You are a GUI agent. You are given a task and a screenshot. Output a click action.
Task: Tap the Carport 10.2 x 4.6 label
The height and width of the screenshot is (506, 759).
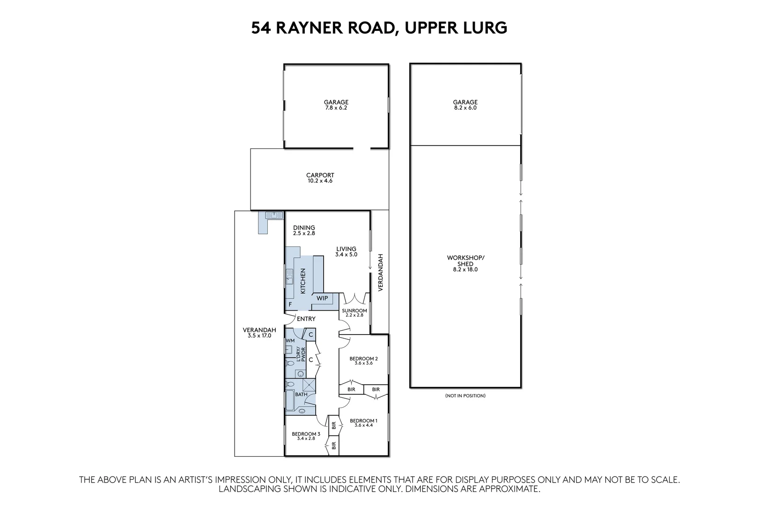[320, 178]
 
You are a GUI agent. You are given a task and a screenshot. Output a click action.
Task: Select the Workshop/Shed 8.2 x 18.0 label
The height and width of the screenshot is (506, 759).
[465, 264]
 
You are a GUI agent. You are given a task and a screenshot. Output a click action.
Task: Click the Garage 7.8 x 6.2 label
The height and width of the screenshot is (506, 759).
[336, 105]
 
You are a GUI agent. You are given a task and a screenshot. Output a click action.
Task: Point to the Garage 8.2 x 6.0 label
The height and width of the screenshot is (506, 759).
[465, 105]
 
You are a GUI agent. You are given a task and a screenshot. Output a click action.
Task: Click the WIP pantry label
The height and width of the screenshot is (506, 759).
[322, 298]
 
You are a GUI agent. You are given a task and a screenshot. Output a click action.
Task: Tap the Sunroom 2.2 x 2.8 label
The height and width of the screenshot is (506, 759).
[354, 313]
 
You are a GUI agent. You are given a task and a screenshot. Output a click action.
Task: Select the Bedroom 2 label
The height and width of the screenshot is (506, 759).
[363, 360]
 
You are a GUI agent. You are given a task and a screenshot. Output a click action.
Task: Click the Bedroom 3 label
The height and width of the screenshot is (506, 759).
[306, 436]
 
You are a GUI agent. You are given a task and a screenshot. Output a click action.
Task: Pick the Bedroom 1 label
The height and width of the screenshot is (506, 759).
[363, 423]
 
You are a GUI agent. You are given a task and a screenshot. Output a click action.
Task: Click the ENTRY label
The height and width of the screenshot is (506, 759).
[306, 319]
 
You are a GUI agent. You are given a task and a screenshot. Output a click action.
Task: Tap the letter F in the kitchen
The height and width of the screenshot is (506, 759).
[290, 305]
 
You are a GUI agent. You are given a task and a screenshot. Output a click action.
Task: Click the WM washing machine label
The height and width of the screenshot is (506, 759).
[290, 341]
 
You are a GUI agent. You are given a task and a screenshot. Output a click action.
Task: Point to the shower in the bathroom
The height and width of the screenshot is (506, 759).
[309, 385]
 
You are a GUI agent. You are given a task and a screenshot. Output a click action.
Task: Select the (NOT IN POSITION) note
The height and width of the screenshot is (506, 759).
[465, 396]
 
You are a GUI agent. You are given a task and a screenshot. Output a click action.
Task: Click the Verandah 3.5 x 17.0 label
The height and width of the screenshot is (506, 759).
[259, 333]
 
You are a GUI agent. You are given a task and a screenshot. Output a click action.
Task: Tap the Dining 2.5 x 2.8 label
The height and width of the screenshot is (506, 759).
[304, 230]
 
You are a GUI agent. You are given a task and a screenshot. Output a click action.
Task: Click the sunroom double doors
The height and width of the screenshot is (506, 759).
[354, 298]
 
